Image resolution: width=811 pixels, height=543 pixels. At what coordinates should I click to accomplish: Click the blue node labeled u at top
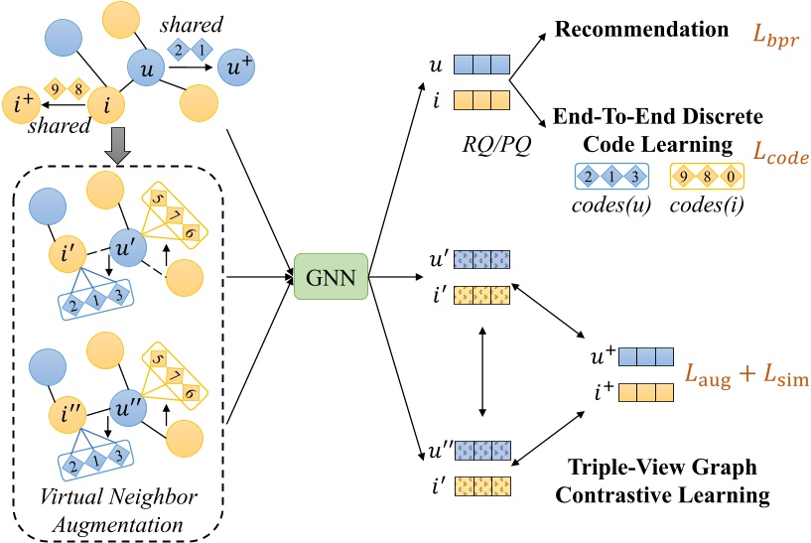(146, 70)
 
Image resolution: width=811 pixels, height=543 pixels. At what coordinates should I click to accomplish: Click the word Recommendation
(642, 29)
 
